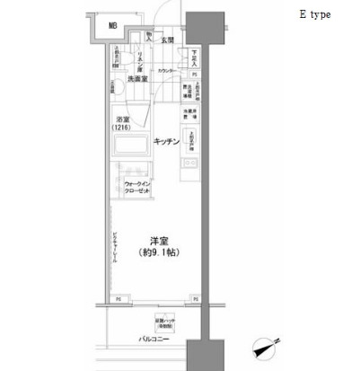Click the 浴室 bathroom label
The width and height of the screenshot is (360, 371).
[122, 119]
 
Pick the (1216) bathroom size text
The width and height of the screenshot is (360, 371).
[122, 128]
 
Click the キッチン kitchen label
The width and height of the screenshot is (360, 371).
[166, 141]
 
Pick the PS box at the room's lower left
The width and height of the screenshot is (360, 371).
[118, 298]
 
